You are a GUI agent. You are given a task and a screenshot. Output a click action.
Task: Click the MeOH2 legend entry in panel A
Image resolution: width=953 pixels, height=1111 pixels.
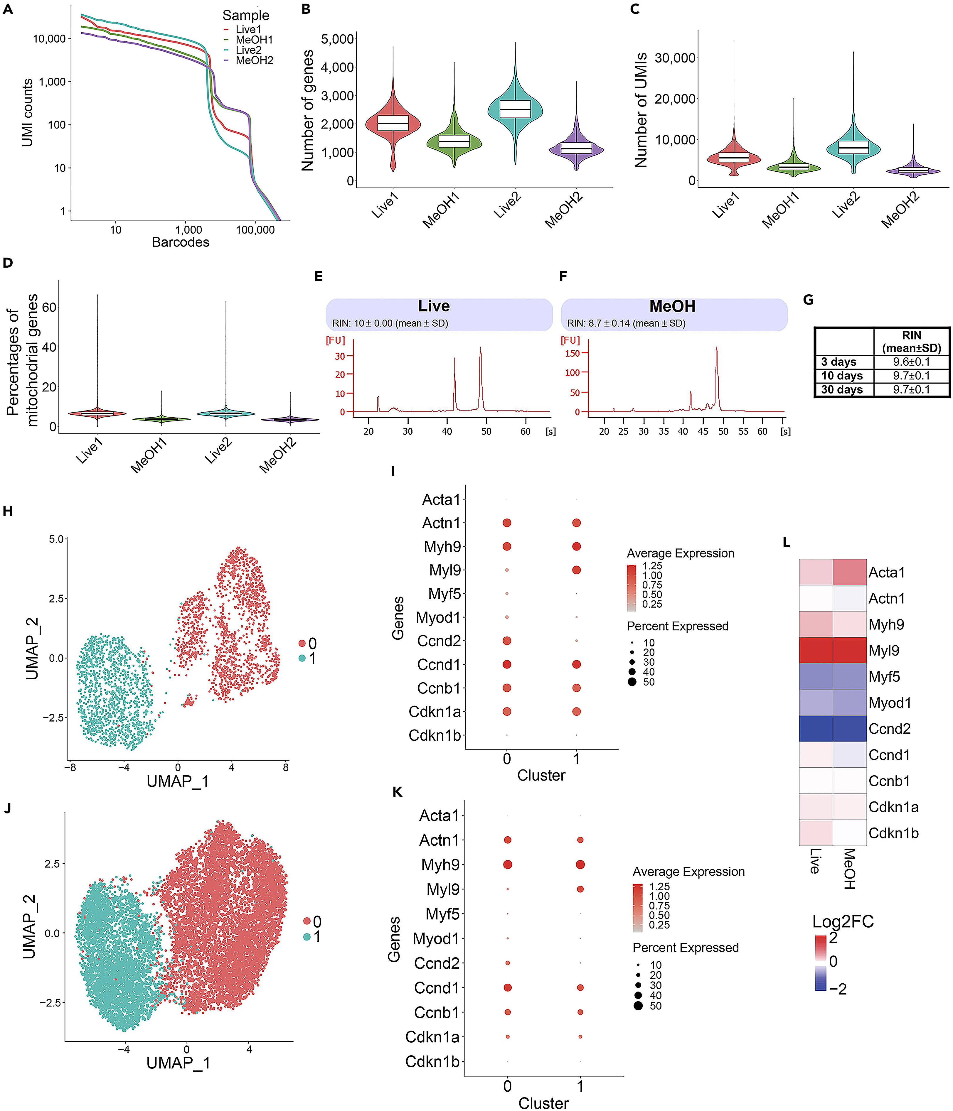(254, 60)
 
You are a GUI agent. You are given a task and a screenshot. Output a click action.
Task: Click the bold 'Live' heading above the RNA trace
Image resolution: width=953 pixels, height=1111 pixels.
(434, 306)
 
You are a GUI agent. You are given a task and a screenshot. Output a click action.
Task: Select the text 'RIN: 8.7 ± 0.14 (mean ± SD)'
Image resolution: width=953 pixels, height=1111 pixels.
(626, 323)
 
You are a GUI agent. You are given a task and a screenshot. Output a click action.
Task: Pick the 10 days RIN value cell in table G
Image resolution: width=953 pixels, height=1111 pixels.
(911, 375)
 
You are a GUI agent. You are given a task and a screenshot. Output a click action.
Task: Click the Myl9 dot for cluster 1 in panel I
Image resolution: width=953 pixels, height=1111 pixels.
(576, 570)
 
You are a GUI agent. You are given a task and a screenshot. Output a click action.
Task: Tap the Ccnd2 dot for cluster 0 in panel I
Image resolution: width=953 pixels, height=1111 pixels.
(506, 641)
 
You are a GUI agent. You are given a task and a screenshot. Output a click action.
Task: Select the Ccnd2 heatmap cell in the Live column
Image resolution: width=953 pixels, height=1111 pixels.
(816, 729)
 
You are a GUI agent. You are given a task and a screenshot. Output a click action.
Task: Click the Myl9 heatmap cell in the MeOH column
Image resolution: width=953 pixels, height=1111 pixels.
(849, 650)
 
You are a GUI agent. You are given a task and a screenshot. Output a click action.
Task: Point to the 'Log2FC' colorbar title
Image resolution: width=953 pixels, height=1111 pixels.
(842, 921)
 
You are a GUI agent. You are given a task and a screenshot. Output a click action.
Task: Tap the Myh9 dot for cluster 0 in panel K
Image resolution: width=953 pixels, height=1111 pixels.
(508, 864)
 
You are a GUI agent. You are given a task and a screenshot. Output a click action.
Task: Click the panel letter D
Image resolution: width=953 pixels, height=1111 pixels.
(8, 263)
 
